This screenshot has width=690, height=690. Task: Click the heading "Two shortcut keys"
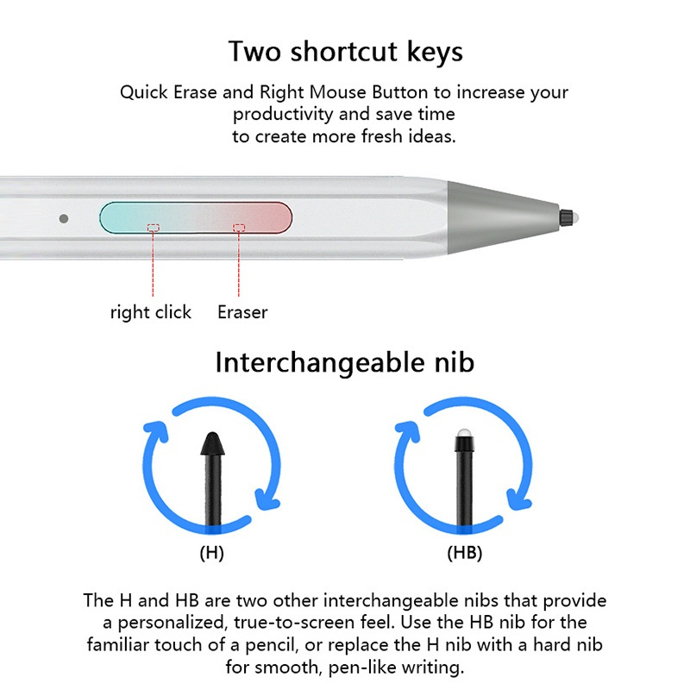coord(346,52)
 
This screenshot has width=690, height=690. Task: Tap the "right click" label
coord(150,312)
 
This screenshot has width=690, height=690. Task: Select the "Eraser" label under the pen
coord(242,312)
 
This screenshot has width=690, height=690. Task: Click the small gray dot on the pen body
coord(64,218)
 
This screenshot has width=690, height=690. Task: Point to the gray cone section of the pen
coord(502,217)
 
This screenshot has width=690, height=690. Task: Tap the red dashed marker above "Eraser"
coord(239,228)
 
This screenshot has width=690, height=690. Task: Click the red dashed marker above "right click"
coord(154,228)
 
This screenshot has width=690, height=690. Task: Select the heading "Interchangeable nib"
coord(345,362)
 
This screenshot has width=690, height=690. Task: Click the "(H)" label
coord(211,552)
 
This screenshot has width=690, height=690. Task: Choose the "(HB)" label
coord(465,552)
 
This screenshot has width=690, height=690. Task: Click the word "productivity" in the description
coord(283,115)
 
